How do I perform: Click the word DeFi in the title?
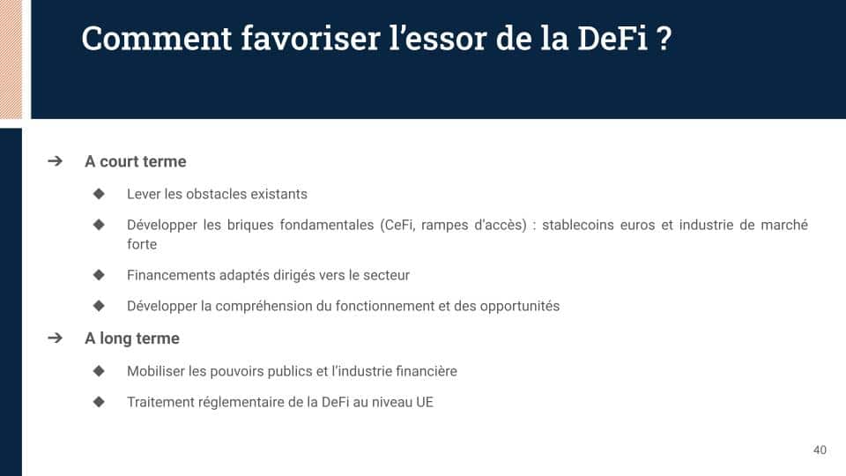[612, 38]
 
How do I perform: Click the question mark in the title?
[664, 38]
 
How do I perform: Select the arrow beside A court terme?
[55, 160]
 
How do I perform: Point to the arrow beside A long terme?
[55, 338]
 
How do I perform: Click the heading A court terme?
[136, 161]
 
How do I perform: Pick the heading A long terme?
[132, 338]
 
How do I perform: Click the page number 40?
[820, 450]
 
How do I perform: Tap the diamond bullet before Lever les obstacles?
[99, 193]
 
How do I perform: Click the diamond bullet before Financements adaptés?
[99, 275]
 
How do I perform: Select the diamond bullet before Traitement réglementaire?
[99, 402]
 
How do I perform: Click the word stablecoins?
[578, 225]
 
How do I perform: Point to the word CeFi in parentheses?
[398, 225]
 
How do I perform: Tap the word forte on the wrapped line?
[142, 244]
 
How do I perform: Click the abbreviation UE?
[425, 402]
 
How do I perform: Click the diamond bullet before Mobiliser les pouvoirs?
[99, 371]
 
